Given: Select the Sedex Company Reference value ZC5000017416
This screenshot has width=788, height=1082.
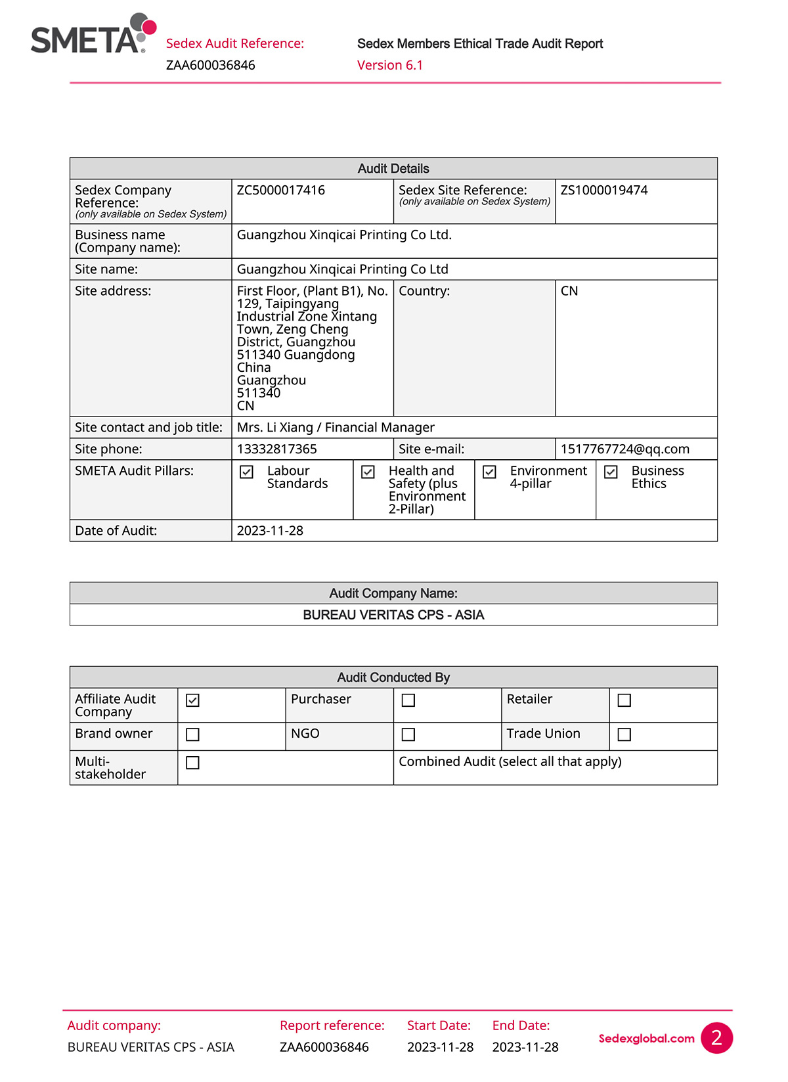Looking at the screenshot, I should pyautogui.click(x=281, y=191).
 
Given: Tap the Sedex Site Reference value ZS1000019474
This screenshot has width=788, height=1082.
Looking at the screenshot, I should pyautogui.click(x=604, y=191).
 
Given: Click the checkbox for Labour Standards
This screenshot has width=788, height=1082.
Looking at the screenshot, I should pyautogui.click(x=247, y=472).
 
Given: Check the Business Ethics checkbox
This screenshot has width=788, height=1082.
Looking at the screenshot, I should pyautogui.click(x=611, y=472).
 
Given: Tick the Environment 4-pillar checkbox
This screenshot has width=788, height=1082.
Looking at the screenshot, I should pyautogui.click(x=490, y=472).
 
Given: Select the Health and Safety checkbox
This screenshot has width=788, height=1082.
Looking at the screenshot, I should pyautogui.click(x=368, y=472).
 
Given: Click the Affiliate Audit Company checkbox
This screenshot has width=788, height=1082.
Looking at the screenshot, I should pyautogui.click(x=192, y=700).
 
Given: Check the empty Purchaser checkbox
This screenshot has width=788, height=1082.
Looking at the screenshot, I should pyautogui.click(x=408, y=700).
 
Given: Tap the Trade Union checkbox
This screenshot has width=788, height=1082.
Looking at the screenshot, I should pyautogui.click(x=624, y=734).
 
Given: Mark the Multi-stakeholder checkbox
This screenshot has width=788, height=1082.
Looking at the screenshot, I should pyautogui.click(x=192, y=763).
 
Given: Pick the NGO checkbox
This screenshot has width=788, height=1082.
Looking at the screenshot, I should pyautogui.click(x=408, y=734).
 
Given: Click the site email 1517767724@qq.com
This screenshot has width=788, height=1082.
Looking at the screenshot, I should pyautogui.click(x=625, y=449).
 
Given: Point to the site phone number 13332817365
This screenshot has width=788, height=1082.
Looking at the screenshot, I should pyautogui.click(x=277, y=449).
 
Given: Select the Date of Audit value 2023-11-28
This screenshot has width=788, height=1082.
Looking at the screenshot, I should pyautogui.click(x=270, y=531).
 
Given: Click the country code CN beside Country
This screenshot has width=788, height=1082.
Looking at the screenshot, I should pyautogui.click(x=569, y=291).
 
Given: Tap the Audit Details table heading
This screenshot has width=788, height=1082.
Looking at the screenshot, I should pyautogui.click(x=393, y=169).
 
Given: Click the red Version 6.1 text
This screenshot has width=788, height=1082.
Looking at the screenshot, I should pyautogui.click(x=390, y=65).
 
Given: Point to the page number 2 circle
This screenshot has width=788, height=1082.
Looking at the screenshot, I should pyautogui.click(x=716, y=1037).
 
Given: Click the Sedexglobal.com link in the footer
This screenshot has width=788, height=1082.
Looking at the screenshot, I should pyautogui.click(x=646, y=1039).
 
